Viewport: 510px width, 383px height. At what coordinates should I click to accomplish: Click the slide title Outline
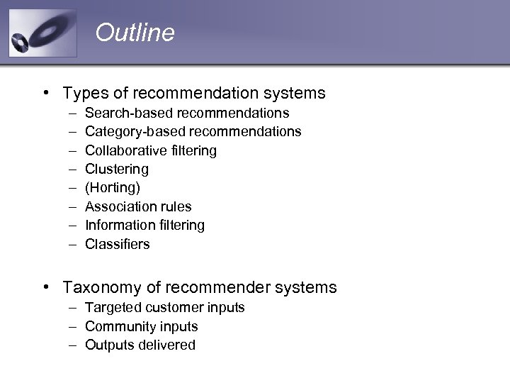[x=135, y=33]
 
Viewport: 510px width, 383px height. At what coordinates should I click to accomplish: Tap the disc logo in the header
[x=42, y=33]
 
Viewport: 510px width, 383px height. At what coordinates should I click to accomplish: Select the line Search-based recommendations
[x=187, y=113]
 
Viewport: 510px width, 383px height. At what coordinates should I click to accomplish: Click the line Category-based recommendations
[x=193, y=131]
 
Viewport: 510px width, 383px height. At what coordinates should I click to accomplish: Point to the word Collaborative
[x=126, y=150]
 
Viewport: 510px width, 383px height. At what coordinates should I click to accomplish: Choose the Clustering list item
[x=117, y=169]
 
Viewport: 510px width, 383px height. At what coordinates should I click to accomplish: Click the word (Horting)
[x=113, y=188]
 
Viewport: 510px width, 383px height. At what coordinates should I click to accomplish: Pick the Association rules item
[x=138, y=206]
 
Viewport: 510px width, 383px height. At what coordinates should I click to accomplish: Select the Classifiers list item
[x=118, y=244]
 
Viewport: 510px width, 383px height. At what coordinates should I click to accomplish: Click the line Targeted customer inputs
[x=164, y=307]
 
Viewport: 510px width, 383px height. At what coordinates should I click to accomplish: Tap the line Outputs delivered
[x=140, y=345]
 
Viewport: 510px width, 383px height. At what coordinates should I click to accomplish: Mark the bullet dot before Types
[x=45, y=92]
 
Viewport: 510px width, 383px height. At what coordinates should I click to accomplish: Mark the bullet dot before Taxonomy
[x=45, y=287]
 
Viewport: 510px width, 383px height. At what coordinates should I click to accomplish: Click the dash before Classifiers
[x=73, y=244]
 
